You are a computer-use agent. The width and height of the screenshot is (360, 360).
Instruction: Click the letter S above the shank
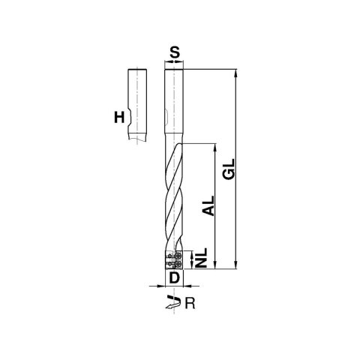175,53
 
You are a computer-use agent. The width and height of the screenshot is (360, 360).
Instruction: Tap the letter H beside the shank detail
119,118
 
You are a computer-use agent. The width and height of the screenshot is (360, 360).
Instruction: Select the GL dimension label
229,169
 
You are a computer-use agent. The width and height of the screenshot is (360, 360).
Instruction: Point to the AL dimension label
208,205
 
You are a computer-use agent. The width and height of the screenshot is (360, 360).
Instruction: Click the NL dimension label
201,258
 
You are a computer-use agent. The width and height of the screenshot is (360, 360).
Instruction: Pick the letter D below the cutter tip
175,277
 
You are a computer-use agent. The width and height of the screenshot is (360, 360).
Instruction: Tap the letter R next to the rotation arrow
190,304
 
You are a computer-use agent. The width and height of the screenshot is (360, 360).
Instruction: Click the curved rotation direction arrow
173,301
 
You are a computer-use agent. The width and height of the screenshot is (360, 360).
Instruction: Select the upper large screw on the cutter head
178,256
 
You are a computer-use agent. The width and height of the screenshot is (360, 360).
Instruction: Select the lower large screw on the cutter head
178,264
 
